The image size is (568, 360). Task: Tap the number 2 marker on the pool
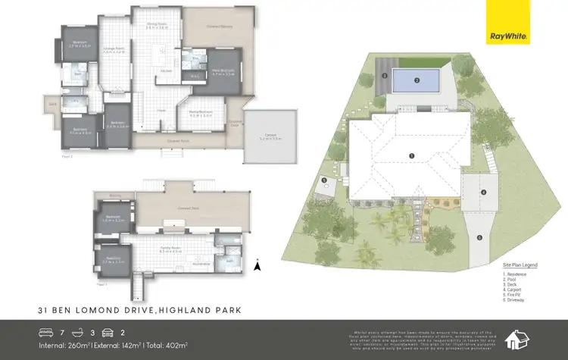416,80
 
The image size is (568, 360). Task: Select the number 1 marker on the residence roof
411,156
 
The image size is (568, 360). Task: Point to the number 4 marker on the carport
482,192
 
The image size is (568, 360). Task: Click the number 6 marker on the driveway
479,237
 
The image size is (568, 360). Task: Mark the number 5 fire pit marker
323,180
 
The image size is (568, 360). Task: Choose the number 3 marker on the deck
385,77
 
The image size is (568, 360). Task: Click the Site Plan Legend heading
520,265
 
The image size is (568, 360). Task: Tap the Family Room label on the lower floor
175,249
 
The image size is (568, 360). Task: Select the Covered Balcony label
219,26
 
